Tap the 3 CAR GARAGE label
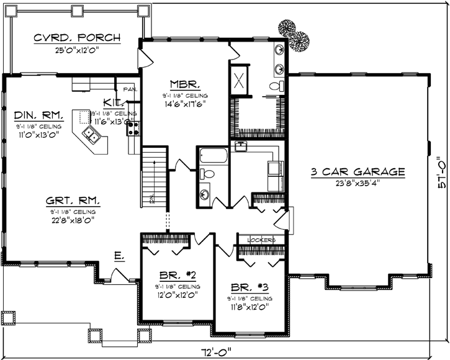358,171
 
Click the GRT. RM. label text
73,200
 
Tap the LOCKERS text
260,240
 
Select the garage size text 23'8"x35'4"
358,182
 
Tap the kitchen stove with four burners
133,128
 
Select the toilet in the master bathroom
277,85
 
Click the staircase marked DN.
155,177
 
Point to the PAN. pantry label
129,89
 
